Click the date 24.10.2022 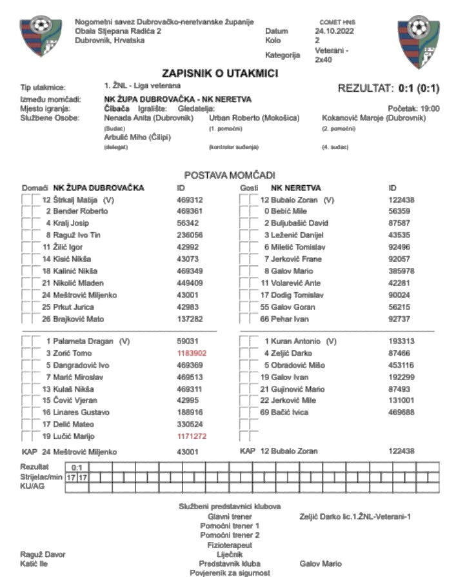334,31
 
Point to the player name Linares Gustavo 76,412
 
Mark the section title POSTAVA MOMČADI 230,175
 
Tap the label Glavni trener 229,516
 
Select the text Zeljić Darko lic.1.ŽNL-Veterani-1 355,516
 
